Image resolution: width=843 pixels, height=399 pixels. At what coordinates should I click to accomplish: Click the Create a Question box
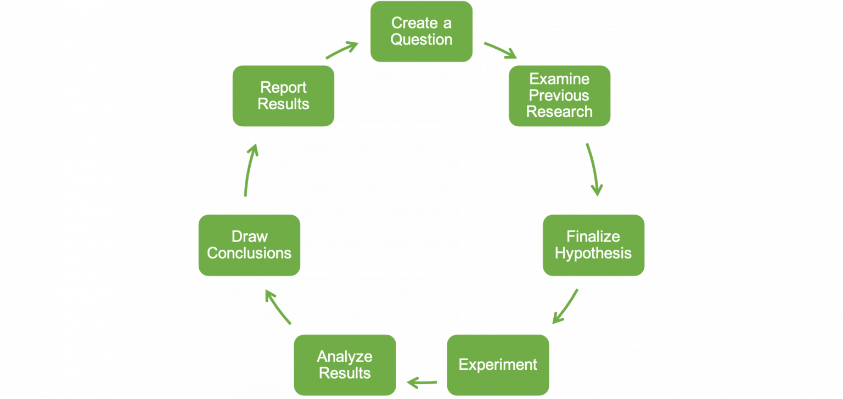421,31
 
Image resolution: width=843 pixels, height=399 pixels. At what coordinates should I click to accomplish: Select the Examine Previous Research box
559,95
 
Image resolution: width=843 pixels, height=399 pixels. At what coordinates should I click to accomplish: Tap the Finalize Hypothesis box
593,245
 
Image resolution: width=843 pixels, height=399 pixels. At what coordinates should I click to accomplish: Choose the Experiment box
498,364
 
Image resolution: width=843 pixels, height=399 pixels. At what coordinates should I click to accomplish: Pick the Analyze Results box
345,364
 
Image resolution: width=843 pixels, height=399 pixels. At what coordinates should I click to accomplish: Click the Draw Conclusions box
249,245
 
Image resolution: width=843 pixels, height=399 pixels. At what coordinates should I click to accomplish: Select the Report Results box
283,95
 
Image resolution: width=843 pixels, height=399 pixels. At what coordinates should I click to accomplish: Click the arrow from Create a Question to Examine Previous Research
500,49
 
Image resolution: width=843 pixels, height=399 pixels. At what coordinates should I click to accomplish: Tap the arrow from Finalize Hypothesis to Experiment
565,306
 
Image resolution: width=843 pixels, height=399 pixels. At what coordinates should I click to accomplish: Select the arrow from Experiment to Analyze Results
421,381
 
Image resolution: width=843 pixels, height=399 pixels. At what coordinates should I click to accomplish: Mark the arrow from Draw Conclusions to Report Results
249,170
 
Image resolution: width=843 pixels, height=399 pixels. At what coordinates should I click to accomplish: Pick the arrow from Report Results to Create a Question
342,50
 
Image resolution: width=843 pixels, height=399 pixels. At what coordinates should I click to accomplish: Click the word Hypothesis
593,253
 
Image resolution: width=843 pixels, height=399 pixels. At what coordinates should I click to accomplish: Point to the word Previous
559,95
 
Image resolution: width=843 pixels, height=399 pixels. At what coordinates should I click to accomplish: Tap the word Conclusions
249,253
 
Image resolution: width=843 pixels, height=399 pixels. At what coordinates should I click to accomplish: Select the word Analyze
345,356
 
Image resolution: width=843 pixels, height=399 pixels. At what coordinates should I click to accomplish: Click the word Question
421,40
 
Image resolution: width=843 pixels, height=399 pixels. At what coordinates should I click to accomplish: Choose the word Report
283,87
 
